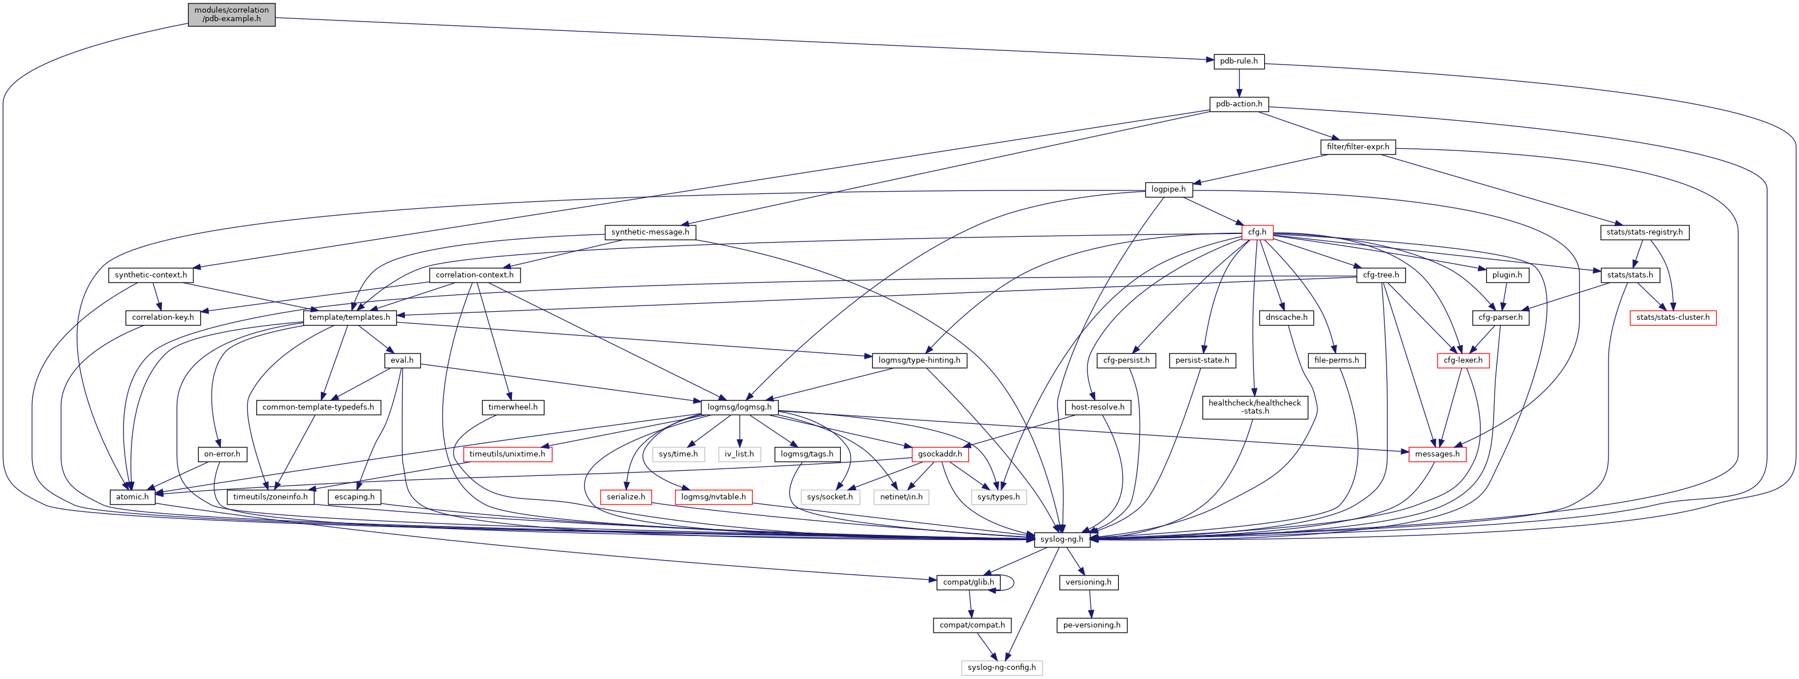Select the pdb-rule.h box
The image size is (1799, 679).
(x=1238, y=61)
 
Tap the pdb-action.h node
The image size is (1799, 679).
(x=1238, y=104)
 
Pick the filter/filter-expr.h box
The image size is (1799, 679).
(x=1357, y=146)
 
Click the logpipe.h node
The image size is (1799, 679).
(x=1167, y=189)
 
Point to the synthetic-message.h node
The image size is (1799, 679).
(x=649, y=232)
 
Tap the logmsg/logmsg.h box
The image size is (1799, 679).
(x=739, y=407)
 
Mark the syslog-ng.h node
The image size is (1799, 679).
(x=1062, y=539)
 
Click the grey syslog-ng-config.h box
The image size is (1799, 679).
(x=1002, y=668)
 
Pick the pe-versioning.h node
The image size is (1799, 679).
(x=1091, y=625)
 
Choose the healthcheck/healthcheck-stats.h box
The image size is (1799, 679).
(x=1254, y=407)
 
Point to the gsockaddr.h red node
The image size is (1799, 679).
(x=940, y=454)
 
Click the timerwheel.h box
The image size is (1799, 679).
(x=513, y=407)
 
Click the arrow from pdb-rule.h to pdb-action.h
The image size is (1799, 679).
(x=1238, y=82)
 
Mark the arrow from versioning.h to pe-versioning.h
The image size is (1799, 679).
(x=1090, y=603)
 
